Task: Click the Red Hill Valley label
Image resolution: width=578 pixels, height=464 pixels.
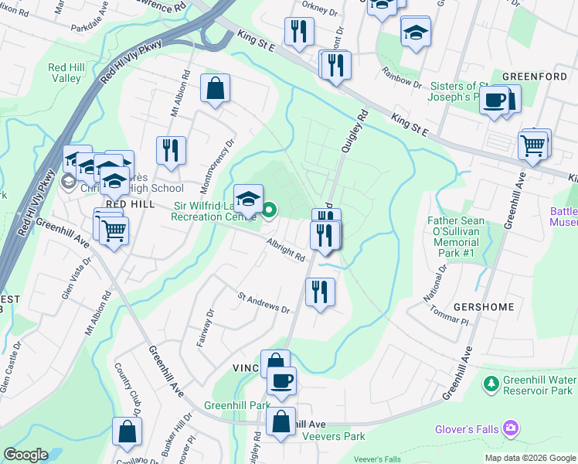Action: (65, 73)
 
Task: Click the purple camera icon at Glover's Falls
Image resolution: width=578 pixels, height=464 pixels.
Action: (509, 427)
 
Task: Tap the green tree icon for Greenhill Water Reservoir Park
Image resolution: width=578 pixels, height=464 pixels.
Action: (490, 383)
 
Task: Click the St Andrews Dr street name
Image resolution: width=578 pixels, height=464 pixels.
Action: (263, 302)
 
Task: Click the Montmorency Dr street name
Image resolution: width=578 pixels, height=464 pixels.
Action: (218, 165)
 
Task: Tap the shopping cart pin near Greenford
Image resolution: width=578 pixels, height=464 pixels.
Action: (534, 145)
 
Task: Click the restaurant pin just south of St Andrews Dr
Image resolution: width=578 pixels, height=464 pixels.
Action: (318, 292)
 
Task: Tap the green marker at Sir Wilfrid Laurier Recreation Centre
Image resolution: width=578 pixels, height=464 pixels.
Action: (270, 210)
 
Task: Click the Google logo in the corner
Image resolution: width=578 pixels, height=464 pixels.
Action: (25, 455)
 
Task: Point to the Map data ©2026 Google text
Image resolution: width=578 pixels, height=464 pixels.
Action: (530, 458)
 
